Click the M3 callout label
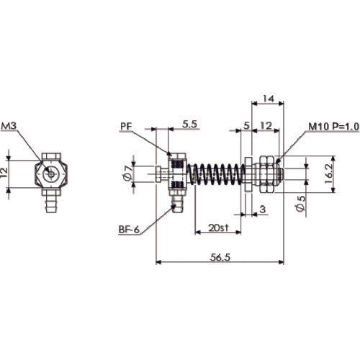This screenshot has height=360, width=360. click(9, 126)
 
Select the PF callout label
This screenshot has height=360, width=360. click(127, 126)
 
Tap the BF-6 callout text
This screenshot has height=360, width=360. click(129, 230)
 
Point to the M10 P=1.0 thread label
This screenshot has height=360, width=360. click(334, 126)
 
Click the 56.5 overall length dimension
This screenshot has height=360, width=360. click(220, 257)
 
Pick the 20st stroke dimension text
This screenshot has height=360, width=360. click(218, 228)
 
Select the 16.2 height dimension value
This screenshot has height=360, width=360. click(329, 174)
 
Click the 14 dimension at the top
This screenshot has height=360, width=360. click(268, 99)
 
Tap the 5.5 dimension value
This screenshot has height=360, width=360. click(189, 124)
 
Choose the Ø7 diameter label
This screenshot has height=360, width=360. click(127, 174)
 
